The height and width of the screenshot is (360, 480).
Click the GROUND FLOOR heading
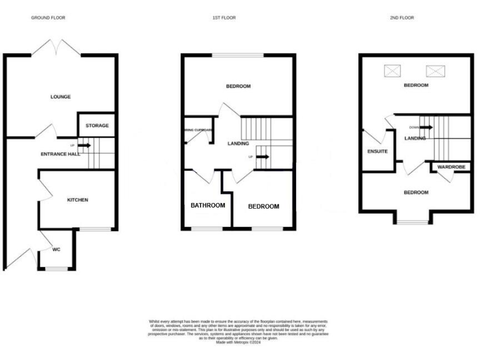[x=48, y=18]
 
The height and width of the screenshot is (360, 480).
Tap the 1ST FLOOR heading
[x=224, y=18]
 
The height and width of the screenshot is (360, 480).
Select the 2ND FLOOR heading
[x=401, y=18]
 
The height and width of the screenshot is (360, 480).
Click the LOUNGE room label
[x=61, y=97]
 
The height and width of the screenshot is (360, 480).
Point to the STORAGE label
[x=97, y=126]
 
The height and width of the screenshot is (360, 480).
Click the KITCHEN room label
[x=77, y=200]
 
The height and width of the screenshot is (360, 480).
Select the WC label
[x=56, y=249]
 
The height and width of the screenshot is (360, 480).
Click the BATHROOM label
[x=207, y=206]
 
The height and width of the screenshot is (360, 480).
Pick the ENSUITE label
[x=377, y=151]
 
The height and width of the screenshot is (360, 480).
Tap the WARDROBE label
[x=450, y=167]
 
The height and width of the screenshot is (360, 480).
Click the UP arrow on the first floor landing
[x=262, y=157]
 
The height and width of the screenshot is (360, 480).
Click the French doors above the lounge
[x=57, y=47]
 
